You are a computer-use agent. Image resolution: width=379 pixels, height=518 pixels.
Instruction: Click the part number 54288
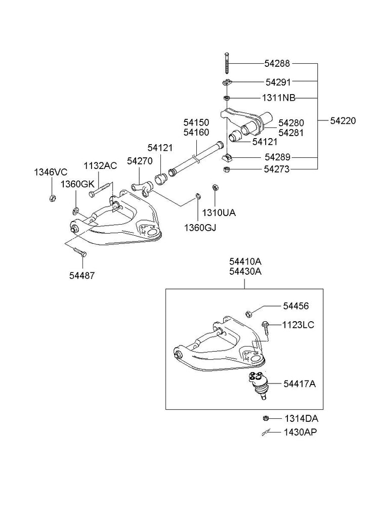coord(277,64)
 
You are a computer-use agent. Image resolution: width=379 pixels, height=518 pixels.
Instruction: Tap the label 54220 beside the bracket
coord(343,120)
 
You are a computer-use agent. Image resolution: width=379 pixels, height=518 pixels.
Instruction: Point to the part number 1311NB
coord(279,98)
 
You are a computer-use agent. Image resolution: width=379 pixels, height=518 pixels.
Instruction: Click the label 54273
coord(277,169)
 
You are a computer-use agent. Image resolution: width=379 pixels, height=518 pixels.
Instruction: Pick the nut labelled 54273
coord(227,169)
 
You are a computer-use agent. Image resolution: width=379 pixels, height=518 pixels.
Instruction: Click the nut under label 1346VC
coord(52,197)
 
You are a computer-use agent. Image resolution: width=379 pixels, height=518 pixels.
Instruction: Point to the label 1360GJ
coord(200,228)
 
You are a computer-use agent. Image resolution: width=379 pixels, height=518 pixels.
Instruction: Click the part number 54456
coord(296,306)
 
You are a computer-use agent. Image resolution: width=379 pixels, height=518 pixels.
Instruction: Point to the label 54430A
coord(245,272)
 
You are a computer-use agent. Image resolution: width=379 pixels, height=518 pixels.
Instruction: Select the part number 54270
coord(140,160)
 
